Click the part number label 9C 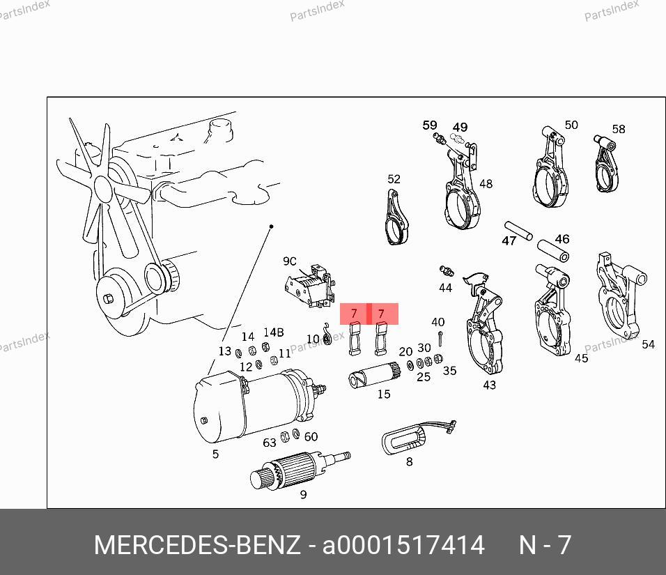[x=290, y=261]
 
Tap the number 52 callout [x=394, y=179]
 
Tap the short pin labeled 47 [x=518, y=230]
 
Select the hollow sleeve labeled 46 [x=553, y=251]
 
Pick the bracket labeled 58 [x=606, y=164]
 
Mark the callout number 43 [x=489, y=385]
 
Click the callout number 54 [x=648, y=344]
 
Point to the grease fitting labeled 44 [x=447, y=270]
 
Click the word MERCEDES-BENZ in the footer [x=197, y=545]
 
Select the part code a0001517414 [x=403, y=545]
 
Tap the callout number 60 [x=311, y=436]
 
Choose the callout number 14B [x=274, y=332]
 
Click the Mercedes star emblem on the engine [x=178, y=137]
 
